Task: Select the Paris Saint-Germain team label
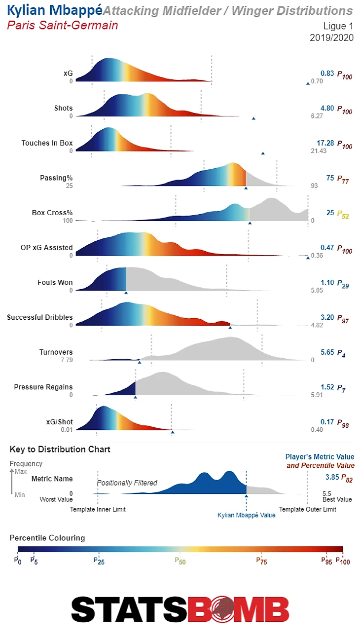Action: (x=63, y=25)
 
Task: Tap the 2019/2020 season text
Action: (x=331, y=38)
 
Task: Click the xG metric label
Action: (x=68, y=73)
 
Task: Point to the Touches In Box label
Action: (x=47, y=143)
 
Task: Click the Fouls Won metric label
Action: (x=55, y=282)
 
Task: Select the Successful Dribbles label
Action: (x=39, y=317)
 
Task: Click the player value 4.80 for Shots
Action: (x=327, y=108)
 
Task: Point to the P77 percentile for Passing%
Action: (x=343, y=179)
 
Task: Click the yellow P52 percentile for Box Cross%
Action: (x=343, y=214)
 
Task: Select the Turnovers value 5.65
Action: (x=327, y=352)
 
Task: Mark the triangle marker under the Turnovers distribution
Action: (x=140, y=363)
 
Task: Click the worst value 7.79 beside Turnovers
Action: (x=65, y=360)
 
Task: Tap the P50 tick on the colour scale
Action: (x=180, y=560)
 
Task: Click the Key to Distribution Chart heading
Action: (x=60, y=449)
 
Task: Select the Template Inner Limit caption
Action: (x=98, y=509)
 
